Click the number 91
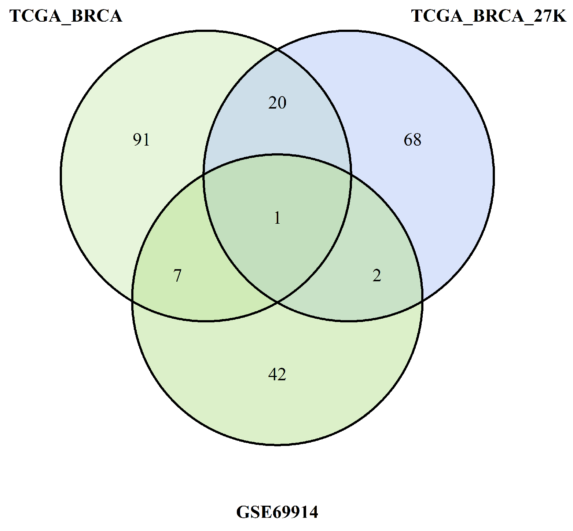[x=141, y=140]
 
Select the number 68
[x=412, y=140]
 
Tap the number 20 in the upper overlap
[x=277, y=103]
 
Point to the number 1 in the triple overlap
[x=278, y=219]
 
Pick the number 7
[x=177, y=276]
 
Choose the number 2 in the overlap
[x=377, y=275]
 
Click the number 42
[x=277, y=374]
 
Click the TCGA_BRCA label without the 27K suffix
[x=66, y=16]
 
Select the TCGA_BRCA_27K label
[x=489, y=16]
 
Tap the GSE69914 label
[x=277, y=512]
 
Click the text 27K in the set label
[x=550, y=16]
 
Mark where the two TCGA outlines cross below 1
[x=278, y=302]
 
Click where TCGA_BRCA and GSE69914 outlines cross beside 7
[x=132, y=301]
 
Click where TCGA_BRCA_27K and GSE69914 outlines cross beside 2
[x=422, y=301]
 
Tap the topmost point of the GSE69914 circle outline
[x=277, y=154]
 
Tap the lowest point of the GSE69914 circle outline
[x=277, y=445]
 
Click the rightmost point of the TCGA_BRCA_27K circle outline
[x=494, y=176]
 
